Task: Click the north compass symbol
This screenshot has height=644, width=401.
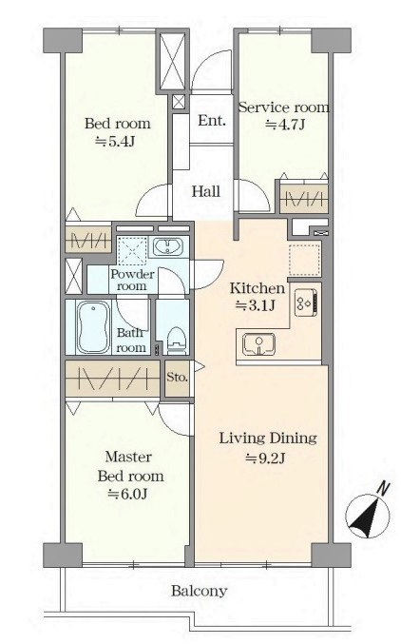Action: [x=368, y=514]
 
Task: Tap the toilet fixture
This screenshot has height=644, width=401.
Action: [x=177, y=340]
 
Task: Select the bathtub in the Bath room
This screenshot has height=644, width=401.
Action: [x=94, y=327]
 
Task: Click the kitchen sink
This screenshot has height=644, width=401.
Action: [x=258, y=344]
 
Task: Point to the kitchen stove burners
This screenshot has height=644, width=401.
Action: [x=305, y=303]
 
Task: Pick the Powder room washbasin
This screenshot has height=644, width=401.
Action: [x=168, y=246]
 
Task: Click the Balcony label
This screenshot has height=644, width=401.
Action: [x=199, y=591]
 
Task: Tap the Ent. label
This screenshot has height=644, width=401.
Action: [x=212, y=121]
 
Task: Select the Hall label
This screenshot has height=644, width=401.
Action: [x=206, y=191]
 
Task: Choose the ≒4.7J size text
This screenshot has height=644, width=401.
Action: [x=285, y=124]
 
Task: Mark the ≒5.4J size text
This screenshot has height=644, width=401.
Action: [x=115, y=142]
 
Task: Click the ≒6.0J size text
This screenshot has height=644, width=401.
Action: [x=127, y=494]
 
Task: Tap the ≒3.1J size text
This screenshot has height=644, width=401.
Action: [x=255, y=305]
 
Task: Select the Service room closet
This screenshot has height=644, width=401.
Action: [x=304, y=199]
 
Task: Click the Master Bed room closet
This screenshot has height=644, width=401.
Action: [x=112, y=379]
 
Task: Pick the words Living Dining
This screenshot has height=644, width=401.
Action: [x=268, y=439]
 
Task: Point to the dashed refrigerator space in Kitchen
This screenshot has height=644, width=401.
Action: [x=304, y=260]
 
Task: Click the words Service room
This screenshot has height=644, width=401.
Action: [x=284, y=107]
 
